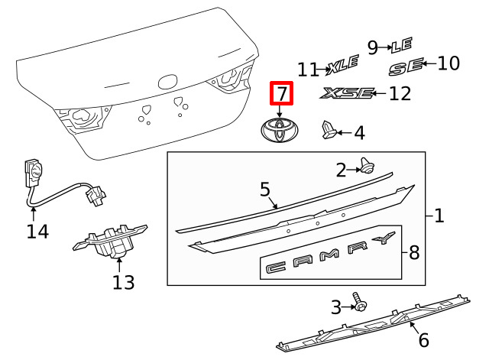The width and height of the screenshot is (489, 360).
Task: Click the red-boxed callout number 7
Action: (x=282, y=93)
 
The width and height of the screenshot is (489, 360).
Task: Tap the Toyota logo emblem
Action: (x=280, y=131)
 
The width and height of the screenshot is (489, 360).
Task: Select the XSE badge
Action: (x=346, y=93)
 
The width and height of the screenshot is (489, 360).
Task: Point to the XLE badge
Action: (x=343, y=65)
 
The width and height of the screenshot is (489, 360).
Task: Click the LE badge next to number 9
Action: (x=402, y=45)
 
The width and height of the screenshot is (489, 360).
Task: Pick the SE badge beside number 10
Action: (x=406, y=66)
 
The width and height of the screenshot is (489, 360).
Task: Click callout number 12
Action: (x=400, y=93)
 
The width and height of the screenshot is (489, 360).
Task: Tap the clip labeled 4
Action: (x=329, y=130)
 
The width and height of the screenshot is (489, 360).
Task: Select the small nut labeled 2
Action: (x=367, y=166)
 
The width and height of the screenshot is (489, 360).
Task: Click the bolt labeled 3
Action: (x=360, y=302)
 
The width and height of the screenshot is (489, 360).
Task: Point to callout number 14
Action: (x=37, y=232)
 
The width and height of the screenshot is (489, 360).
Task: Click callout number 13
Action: (x=124, y=282)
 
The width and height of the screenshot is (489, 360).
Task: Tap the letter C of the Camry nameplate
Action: (x=276, y=268)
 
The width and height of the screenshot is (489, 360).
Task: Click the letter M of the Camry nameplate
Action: (x=329, y=255)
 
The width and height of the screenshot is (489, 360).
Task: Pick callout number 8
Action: (x=414, y=252)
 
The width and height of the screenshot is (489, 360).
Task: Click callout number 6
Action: (x=423, y=339)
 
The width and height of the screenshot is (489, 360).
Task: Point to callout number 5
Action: (x=265, y=190)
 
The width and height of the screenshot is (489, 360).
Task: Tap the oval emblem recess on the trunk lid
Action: (x=168, y=82)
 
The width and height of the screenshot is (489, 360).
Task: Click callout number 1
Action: (x=439, y=216)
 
